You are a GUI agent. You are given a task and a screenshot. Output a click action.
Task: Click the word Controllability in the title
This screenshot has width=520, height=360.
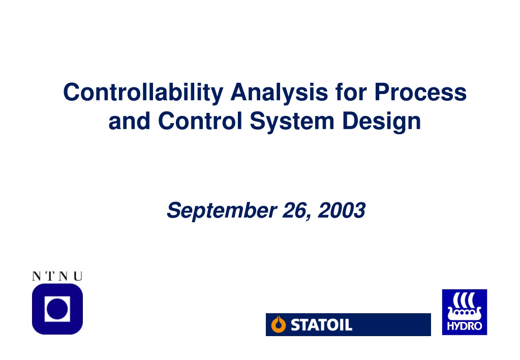pos(143,93)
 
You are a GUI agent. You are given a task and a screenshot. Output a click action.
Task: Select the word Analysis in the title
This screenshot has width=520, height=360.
pos(279,93)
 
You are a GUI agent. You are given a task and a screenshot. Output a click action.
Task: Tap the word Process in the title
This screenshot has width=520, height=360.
pos(420,92)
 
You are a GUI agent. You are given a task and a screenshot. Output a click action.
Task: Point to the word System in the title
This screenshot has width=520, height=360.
pos(292,122)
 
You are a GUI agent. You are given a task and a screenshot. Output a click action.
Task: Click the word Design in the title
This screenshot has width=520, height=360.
pos(381,122)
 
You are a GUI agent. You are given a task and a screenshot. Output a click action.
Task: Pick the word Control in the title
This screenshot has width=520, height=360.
pos(200,121)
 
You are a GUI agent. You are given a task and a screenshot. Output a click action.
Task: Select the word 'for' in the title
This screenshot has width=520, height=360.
pos(351,92)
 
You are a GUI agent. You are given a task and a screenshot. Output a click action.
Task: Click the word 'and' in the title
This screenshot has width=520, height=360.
pos(129,121)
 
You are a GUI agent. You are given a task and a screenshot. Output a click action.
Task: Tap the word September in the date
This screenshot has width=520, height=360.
pos(222,211)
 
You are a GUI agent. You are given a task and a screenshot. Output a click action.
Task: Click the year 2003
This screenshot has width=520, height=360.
pos(342,210)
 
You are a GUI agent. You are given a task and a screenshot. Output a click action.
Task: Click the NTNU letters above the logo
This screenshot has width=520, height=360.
pos(57,276)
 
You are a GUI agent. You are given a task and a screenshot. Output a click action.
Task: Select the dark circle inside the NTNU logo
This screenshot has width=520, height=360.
pos(57,309)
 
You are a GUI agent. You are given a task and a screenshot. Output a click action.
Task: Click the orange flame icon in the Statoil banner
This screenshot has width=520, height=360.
pos(278,324)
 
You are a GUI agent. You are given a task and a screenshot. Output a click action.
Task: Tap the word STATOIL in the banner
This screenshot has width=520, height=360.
pos(321,325)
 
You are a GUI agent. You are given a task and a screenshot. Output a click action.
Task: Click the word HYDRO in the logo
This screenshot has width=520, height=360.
pos(464,326)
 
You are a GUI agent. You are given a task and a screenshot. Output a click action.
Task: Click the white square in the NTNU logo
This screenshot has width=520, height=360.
pos(57,309)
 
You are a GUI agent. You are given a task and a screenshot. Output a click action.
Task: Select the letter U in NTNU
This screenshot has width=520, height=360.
pos(78,276)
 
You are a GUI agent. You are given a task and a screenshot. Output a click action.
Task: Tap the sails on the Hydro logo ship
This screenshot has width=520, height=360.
pos(464,301)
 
